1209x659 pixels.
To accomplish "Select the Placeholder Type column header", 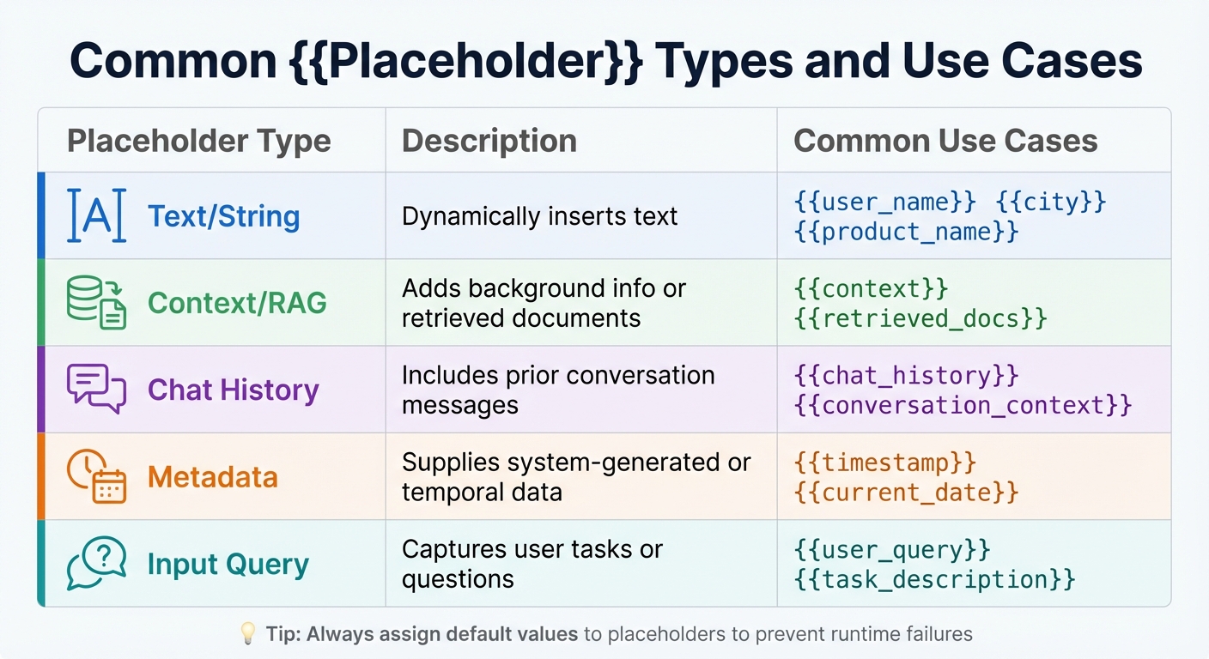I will pyautogui.click(x=198, y=141).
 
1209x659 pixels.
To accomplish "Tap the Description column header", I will pyautogui.click(x=489, y=141).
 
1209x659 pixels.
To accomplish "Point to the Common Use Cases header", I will pyautogui.click(x=945, y=141).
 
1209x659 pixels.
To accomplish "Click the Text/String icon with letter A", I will pyautogui.click(x=96, y=215).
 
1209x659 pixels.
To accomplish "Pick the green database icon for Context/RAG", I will pyautogui.click(x=96, y=303).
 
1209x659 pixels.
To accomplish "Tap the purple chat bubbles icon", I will pyautogui.click(x=96, y=390).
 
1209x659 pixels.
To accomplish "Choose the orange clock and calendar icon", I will pyautogui.click(x=96, y=476).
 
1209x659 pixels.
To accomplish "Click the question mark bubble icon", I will pyautogui.click(x=96, y=563).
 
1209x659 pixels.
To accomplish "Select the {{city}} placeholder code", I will pyautogui.click(x=1051, y=203).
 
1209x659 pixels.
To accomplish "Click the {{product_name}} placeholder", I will pyautogui.click(x=907, y=231).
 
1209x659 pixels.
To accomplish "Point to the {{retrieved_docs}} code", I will pyautogui.click(x=920, y=318).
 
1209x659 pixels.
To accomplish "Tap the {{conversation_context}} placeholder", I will pyautogui.click(x=963, y=405).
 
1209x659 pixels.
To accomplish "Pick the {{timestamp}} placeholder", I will pyautogui.click(x=885, y=463).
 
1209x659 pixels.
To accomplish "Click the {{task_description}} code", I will pyautogui.click(x=935, y=578).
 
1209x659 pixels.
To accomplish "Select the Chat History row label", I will pyautogui.click(x=233, y=390).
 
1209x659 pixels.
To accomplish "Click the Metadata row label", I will pyautogui.click(x=213, y=476).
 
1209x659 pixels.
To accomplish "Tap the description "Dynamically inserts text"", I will pyautogui.click(x=539, y=215).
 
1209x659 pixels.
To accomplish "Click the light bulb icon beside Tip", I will pyautogui.click(x=247, y=634).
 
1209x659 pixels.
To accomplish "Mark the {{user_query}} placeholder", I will pyautogui.click(x=892, y=549).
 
